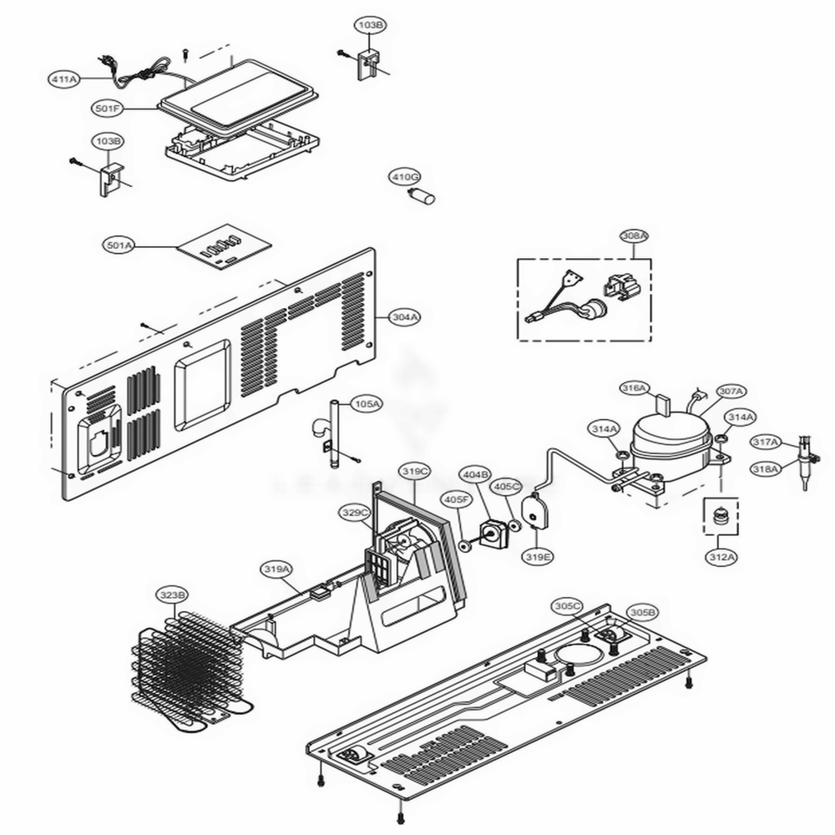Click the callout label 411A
(63, 79)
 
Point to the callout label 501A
(119, 245)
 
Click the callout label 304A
(406, 316)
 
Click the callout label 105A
(365, 403)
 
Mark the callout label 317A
(765, 442)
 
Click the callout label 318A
(765, 469)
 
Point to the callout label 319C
(414, 472)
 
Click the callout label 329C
(354, 513)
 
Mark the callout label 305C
(566, 605)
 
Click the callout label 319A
(277, 569)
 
